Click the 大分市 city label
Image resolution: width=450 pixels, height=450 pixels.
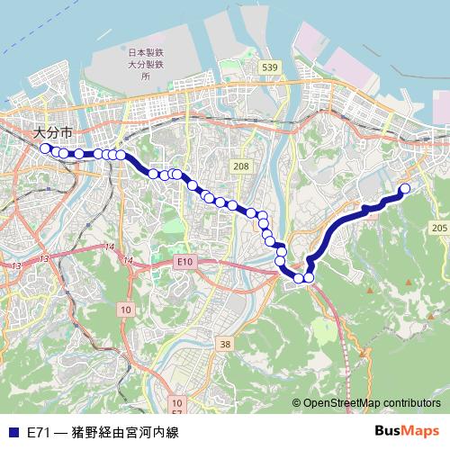[52, 132]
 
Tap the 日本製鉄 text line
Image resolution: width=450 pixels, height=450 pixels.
[145, 53]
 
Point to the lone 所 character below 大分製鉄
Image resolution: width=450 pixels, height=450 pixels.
[145, 77]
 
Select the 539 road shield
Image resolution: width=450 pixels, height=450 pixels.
[267, 67]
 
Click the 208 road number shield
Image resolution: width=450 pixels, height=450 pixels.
[240, 166]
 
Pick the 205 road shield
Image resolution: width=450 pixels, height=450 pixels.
[438, 229]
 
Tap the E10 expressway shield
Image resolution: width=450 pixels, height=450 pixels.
[185, 261]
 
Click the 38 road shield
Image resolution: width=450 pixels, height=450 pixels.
[225, 344]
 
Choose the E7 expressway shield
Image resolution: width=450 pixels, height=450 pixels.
[177, 412]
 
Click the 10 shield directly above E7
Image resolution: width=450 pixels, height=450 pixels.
[177, 402]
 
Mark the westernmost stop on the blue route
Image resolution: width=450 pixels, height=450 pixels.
[45, 148]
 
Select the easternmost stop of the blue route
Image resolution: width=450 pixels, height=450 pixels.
[405, 188]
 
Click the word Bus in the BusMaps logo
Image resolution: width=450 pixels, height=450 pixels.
[389, 431]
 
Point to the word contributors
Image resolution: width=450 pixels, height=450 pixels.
[409, 403]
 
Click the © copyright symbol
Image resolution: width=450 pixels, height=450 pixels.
[296, 403]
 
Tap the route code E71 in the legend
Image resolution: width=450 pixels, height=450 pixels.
[40, 432]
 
